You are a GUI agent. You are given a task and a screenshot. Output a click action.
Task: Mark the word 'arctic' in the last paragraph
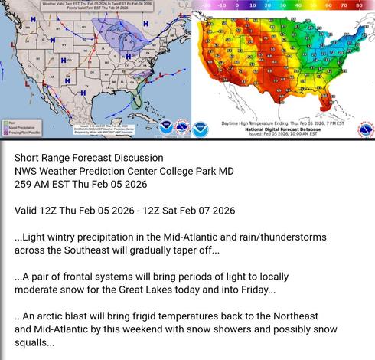pyautogui.click(x=54, y=316)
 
